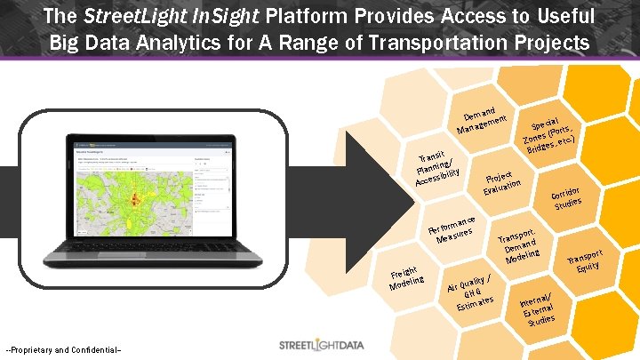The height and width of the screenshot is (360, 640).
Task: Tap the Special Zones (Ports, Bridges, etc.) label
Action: point(550,133)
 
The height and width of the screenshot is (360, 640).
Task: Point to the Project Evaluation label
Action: point(501,180)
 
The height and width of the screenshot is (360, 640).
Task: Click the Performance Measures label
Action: point(458,230)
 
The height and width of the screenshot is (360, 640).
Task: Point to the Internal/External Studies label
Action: point(539,311)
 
